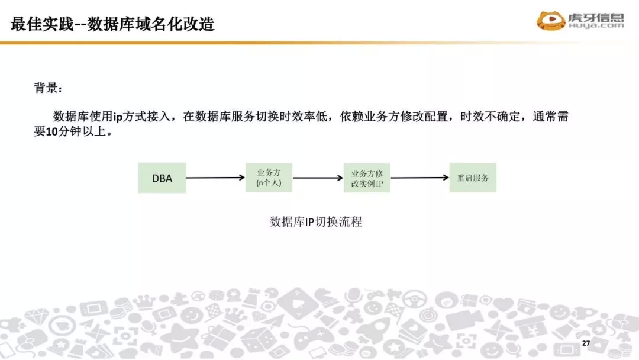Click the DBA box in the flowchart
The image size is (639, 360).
(162, 178)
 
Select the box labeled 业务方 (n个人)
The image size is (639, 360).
(269, 178)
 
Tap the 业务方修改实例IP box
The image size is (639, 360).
(367, 178)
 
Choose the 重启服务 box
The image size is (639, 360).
(473, 178)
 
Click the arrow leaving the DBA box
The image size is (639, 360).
(215, 178)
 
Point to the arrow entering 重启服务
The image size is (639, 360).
(419, 178)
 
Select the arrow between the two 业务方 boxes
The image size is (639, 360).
(318, 178)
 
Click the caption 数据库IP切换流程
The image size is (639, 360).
(315, 222)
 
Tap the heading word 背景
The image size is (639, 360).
(46, 88)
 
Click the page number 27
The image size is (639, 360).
(586, 344)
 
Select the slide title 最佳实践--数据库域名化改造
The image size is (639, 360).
(112, 24)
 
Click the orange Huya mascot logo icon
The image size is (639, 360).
(551, 21)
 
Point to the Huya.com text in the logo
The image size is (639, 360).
(596, 26)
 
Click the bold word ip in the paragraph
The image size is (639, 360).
(118, 117)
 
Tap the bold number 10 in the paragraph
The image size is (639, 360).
(50, 132)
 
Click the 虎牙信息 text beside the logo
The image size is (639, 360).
(596, 17)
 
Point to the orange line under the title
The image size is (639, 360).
(319, 43)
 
